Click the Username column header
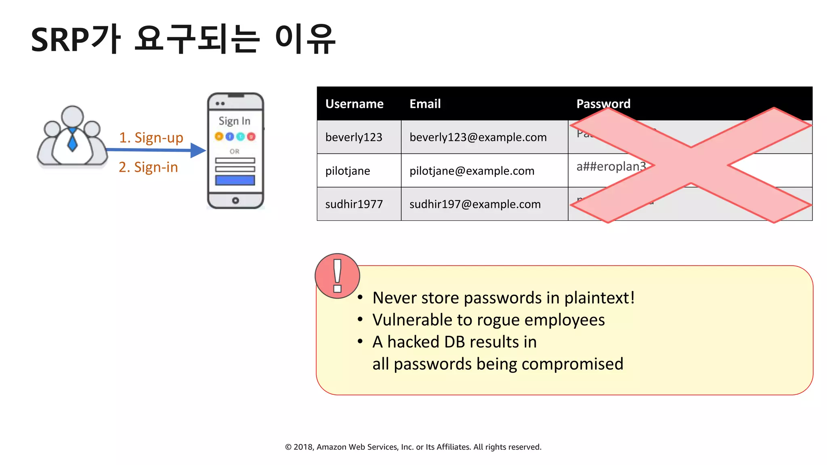pyautogui.click(x=354, y=104)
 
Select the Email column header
pyautogui.click(x=425, y=104)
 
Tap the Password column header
pyautogui.click(x=603, y=104)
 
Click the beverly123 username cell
pyautogui.click(x=353, y=137)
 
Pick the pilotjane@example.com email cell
pyautogui.click(x=472, y=171)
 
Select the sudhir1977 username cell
pyautogui.click(x=354, y=204)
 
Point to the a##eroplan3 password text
pyautogui.click(x=611, y=166)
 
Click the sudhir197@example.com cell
pyautogui.click(x=475, y=204)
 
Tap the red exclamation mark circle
pyautogui.click(x=337, y=276)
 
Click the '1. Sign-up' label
pyautogui.click(x=151, y=138)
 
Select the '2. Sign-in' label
pyautogui.click(x=148, y=167)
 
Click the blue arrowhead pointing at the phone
pyautogui.click(x=198, y=150)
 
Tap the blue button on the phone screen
pyautogui.click(x=235, y=180)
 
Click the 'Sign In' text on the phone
pyautogui.click(x=234, y=121)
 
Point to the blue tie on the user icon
pyautogui.click(x=72, y=140)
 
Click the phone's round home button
pyautogui.click(x=235, y=201)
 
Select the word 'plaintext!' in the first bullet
pyautogui.click(x=599, y=298)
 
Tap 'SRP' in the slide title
pyautogui.click(x=60, y=40)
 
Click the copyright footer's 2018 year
pyautogui.click(x=303, y=447)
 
